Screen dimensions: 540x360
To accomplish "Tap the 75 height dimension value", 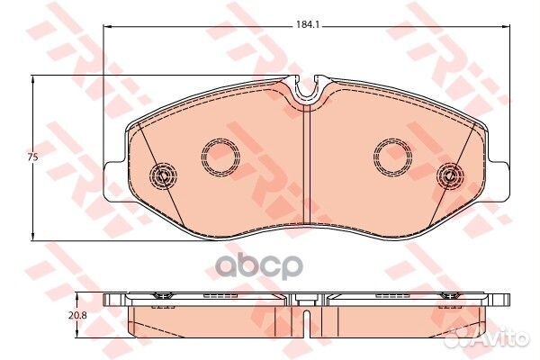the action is (x=32, y=157).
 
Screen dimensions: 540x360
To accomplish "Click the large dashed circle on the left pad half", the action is (x=220, y=157).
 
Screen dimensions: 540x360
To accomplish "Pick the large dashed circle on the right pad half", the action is (x=392, y=157).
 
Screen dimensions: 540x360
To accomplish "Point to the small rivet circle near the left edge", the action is (x=163, y=175).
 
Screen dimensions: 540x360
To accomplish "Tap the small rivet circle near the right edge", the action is (x=450, y=175).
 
